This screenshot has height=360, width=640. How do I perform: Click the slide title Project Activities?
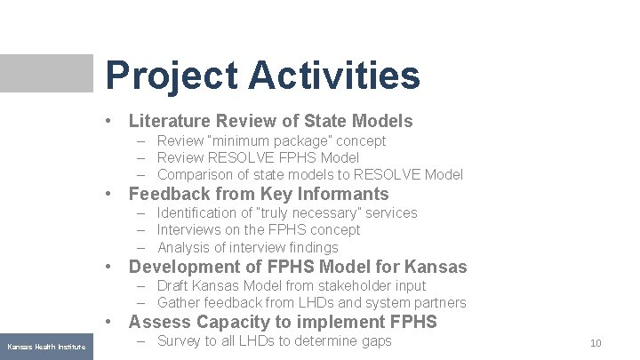[x=262, y=75]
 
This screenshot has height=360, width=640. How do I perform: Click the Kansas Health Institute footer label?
[x=46, y=346]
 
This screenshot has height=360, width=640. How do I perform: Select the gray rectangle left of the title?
[x=46, y=73]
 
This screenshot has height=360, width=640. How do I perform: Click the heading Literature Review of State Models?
[x=270, y=121]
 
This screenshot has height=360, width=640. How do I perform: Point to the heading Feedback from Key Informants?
[x=259, y=194]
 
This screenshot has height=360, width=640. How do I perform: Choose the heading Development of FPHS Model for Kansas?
[x=297, y=267]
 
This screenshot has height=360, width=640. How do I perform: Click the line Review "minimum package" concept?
[x=271, y=140]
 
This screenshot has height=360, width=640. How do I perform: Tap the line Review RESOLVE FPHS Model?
[x=258, y=157]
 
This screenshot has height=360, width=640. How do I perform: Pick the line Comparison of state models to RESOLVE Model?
[x=309, y=174]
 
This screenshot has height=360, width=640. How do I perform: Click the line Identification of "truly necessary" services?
[x=286, y=212]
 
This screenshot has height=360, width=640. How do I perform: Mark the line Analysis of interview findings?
[x=247, y=247]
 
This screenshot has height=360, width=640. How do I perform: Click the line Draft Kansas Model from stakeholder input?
[x=291, y=285]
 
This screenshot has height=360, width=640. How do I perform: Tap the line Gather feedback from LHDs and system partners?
[x=311, y=303]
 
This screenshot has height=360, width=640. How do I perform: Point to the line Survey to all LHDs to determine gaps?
[x=274, y=341]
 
